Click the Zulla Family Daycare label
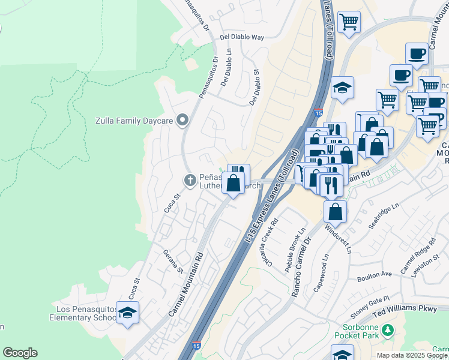pos(134,121)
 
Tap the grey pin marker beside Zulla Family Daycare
pos(182,120)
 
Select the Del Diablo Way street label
pos(242,37)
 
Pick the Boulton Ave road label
pos(374,274)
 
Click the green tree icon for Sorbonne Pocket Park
pos(388,329)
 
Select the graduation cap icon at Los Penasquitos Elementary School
pos(127,312)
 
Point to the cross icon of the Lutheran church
pos(190,179)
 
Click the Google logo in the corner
pos(20,353)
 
